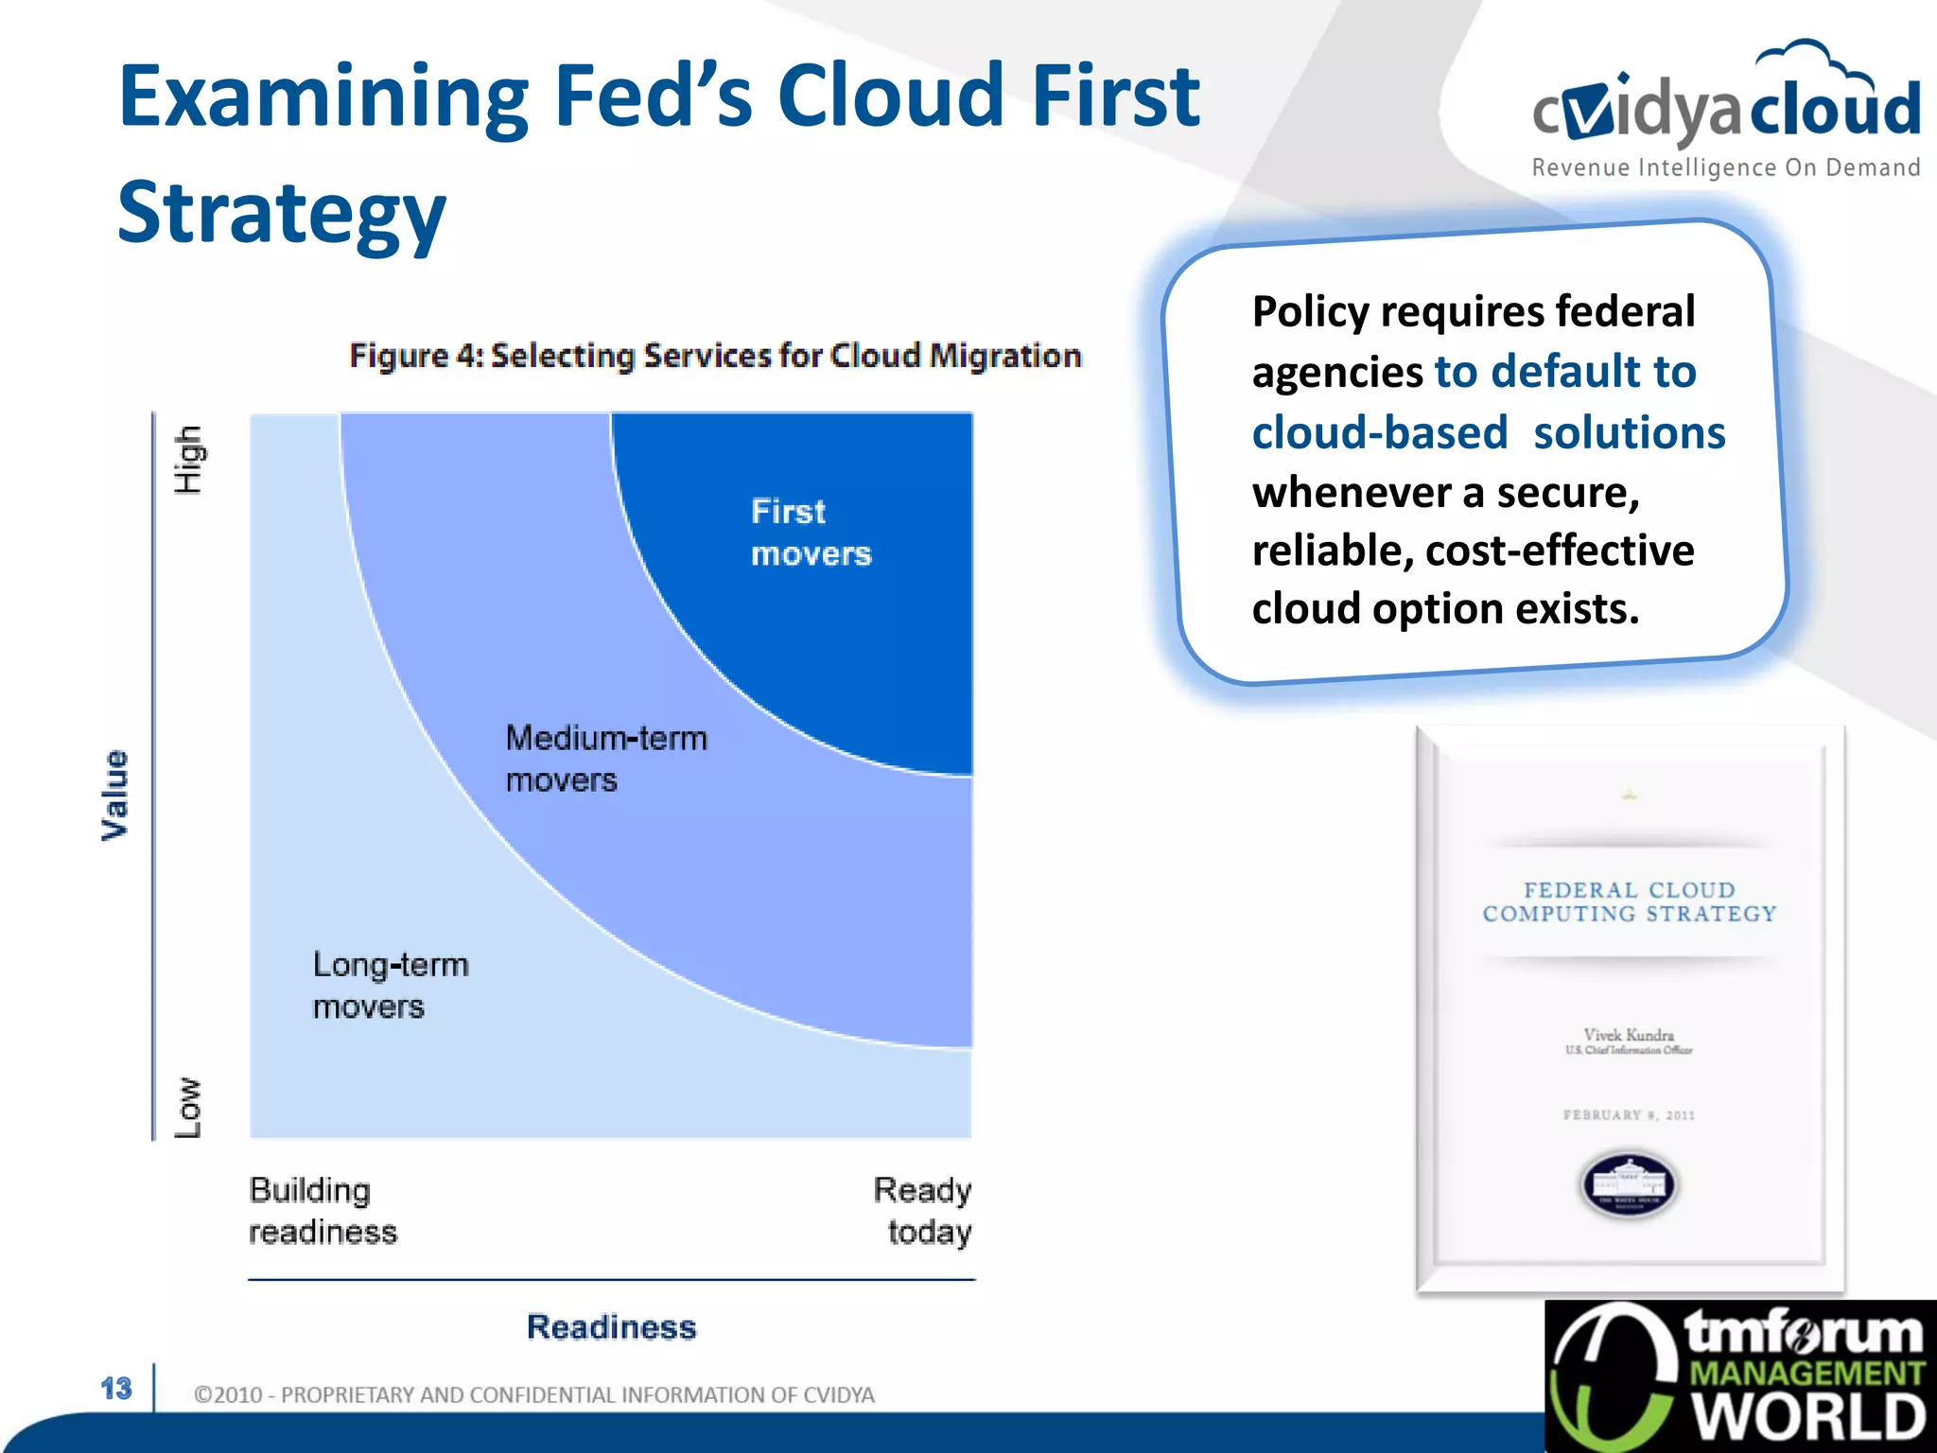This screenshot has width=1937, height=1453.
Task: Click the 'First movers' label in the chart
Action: pyautogui.click(x=811, y=533)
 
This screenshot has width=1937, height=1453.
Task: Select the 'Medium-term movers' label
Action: pyautogui.click(x=606, y=759)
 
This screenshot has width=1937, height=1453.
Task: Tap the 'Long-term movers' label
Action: pyautogui.click(x=391, y=986)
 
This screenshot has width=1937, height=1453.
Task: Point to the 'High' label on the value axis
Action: pyautogui.click(x=188, y=460)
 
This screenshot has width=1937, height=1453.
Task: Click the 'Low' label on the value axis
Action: pyautogui.click(x=188, y=1107)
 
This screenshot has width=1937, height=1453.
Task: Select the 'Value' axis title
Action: pyautogui.click(x=114, y=795)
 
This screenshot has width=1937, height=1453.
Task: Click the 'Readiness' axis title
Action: pyautogui.click(x=611, y=1327)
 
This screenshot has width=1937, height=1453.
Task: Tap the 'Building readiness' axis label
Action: pyautogui.click(x=323, y=1211)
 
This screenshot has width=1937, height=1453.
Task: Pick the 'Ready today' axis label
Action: pyautogui.click(x=922, y=1211)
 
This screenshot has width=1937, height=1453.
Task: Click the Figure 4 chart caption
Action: pyautogui.click(x=715, y=356)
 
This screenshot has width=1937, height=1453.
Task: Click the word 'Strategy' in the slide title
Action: pyautogui.click(x=281, y=213)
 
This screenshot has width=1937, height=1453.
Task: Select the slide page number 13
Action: pyautogui.click(x=116, y=1389)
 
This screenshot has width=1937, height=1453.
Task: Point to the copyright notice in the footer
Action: pyautogui.click(x=533, y=1395)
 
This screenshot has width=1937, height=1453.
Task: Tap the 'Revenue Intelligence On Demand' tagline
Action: pyautogui.click(x=1726, y=168)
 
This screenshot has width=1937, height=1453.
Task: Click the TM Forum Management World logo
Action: pyautogui.click(x=1740, y=1376)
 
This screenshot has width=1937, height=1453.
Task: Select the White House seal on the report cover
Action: pyautogui.click(x=1629, y=1184)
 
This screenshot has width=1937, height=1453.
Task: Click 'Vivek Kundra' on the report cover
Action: pyautogui.click(x=1629, y=1035)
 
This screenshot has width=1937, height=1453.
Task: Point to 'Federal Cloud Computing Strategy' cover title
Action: pyautogui.click(x=1629, y=902)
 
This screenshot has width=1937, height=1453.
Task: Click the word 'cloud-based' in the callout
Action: pyautogui.click(x=1379, y=433)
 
